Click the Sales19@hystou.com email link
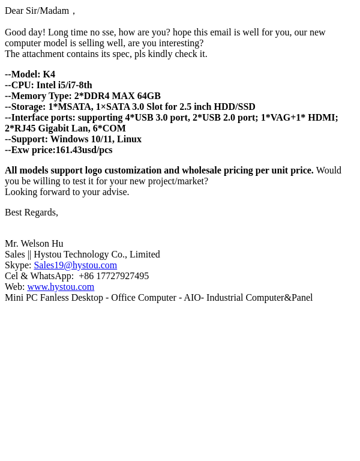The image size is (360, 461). [75, 265]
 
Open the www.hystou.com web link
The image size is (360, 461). [61, 287]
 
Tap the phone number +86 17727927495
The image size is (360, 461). [113, 276]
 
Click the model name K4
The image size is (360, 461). [49, 74]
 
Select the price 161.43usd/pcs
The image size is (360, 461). [84, 150]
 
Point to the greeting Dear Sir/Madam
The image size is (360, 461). [37, 11]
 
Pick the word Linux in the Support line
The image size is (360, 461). [129, 139]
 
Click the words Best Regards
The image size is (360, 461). [31, 212]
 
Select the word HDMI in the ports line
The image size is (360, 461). [322, 118]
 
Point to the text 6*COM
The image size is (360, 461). [109, 128]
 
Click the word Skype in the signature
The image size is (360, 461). [17, 265]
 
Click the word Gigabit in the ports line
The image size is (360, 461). [53, 128]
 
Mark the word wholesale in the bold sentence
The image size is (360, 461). [202, 170]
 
